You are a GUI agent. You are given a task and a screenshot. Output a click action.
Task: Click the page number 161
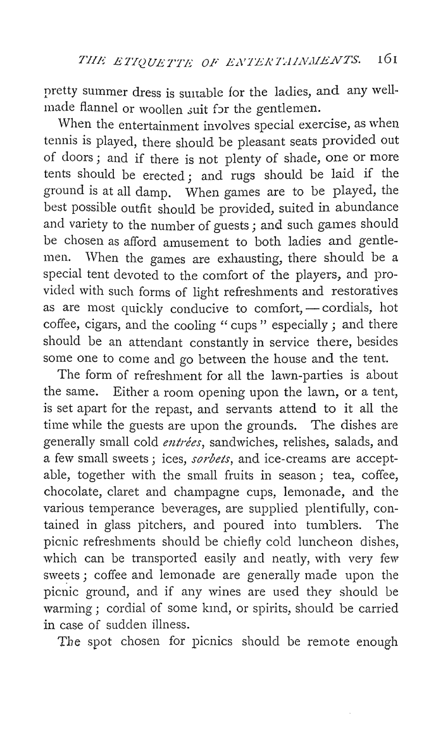coord(385,60)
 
